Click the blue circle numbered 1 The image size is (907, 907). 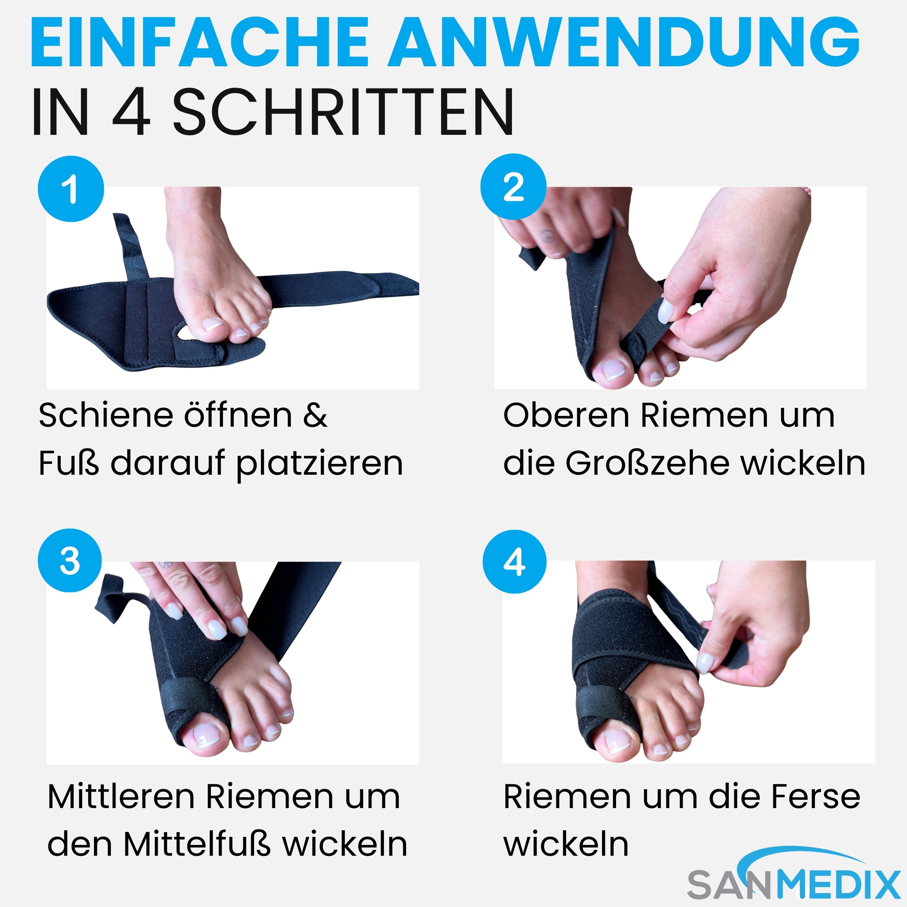(71, 189)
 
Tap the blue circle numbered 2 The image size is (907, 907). (513, 187)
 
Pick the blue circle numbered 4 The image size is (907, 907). (515, 562)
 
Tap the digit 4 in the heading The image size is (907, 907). (131, 113)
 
